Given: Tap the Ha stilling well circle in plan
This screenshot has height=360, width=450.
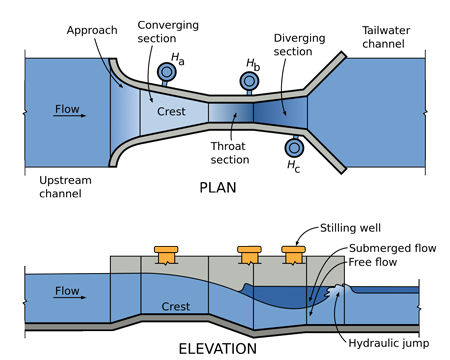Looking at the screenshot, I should click(x=164, y=72).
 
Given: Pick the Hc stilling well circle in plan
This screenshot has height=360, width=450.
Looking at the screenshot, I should click(x=293, y=146).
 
